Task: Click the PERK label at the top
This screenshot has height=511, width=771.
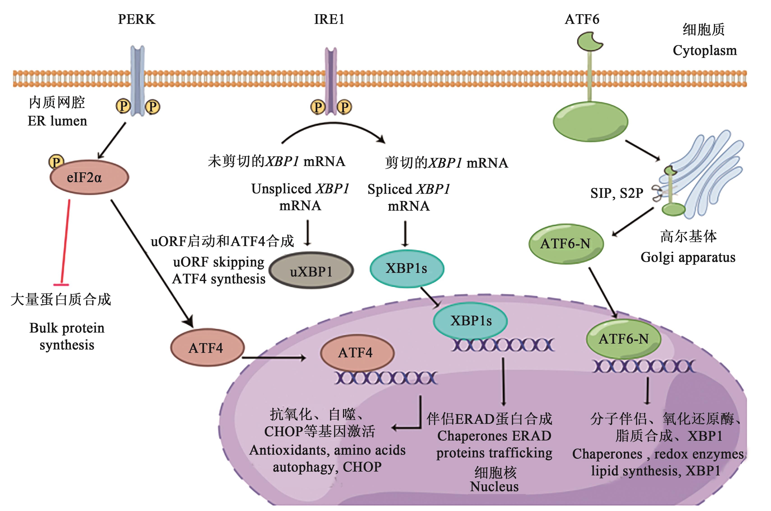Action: click(x=136, y=20)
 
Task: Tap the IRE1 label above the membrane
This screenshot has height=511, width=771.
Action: click(x=329, y=20)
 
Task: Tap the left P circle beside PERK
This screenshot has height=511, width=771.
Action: click(x=123, y=106)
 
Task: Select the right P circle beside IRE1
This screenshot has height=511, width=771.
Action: click(x=344, y=107)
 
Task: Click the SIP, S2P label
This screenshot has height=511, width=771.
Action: click(x=616, y=193)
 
